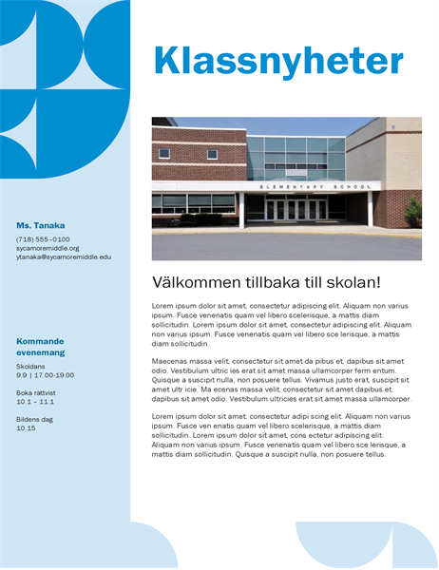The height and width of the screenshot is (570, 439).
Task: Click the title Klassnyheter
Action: [x=278, y=62]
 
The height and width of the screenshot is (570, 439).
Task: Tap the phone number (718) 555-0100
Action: [x=43, y=239]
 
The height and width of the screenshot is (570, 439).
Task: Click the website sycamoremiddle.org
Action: [x=48, y=248]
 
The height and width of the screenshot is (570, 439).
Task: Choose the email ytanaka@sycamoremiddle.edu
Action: [x=64, y=256]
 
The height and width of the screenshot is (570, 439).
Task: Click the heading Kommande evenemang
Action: [x=40, y=347]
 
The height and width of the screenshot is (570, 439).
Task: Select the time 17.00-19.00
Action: [x=56, y=375]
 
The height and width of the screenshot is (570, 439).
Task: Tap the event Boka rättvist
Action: [x=36, y=392]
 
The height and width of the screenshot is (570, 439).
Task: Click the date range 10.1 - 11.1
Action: [x=36, y=402]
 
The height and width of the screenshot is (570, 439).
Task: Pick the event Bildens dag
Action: [x=34, y=419]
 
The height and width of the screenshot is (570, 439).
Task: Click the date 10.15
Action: [x=26, y=428]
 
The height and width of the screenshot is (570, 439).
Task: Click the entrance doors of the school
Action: [x=296, y=210]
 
